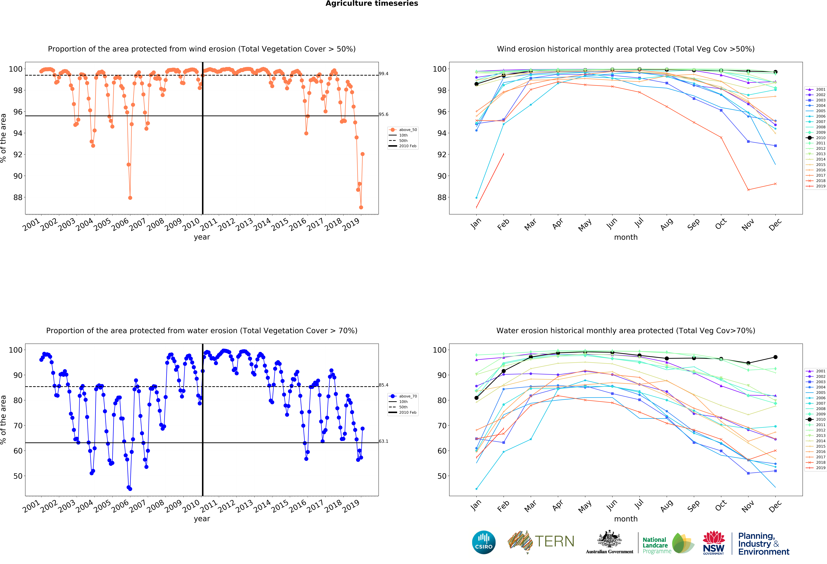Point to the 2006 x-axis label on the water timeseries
pyautogui.click(x=120, y=506)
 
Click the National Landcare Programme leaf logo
pyautogui.click(x=683, y=543)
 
